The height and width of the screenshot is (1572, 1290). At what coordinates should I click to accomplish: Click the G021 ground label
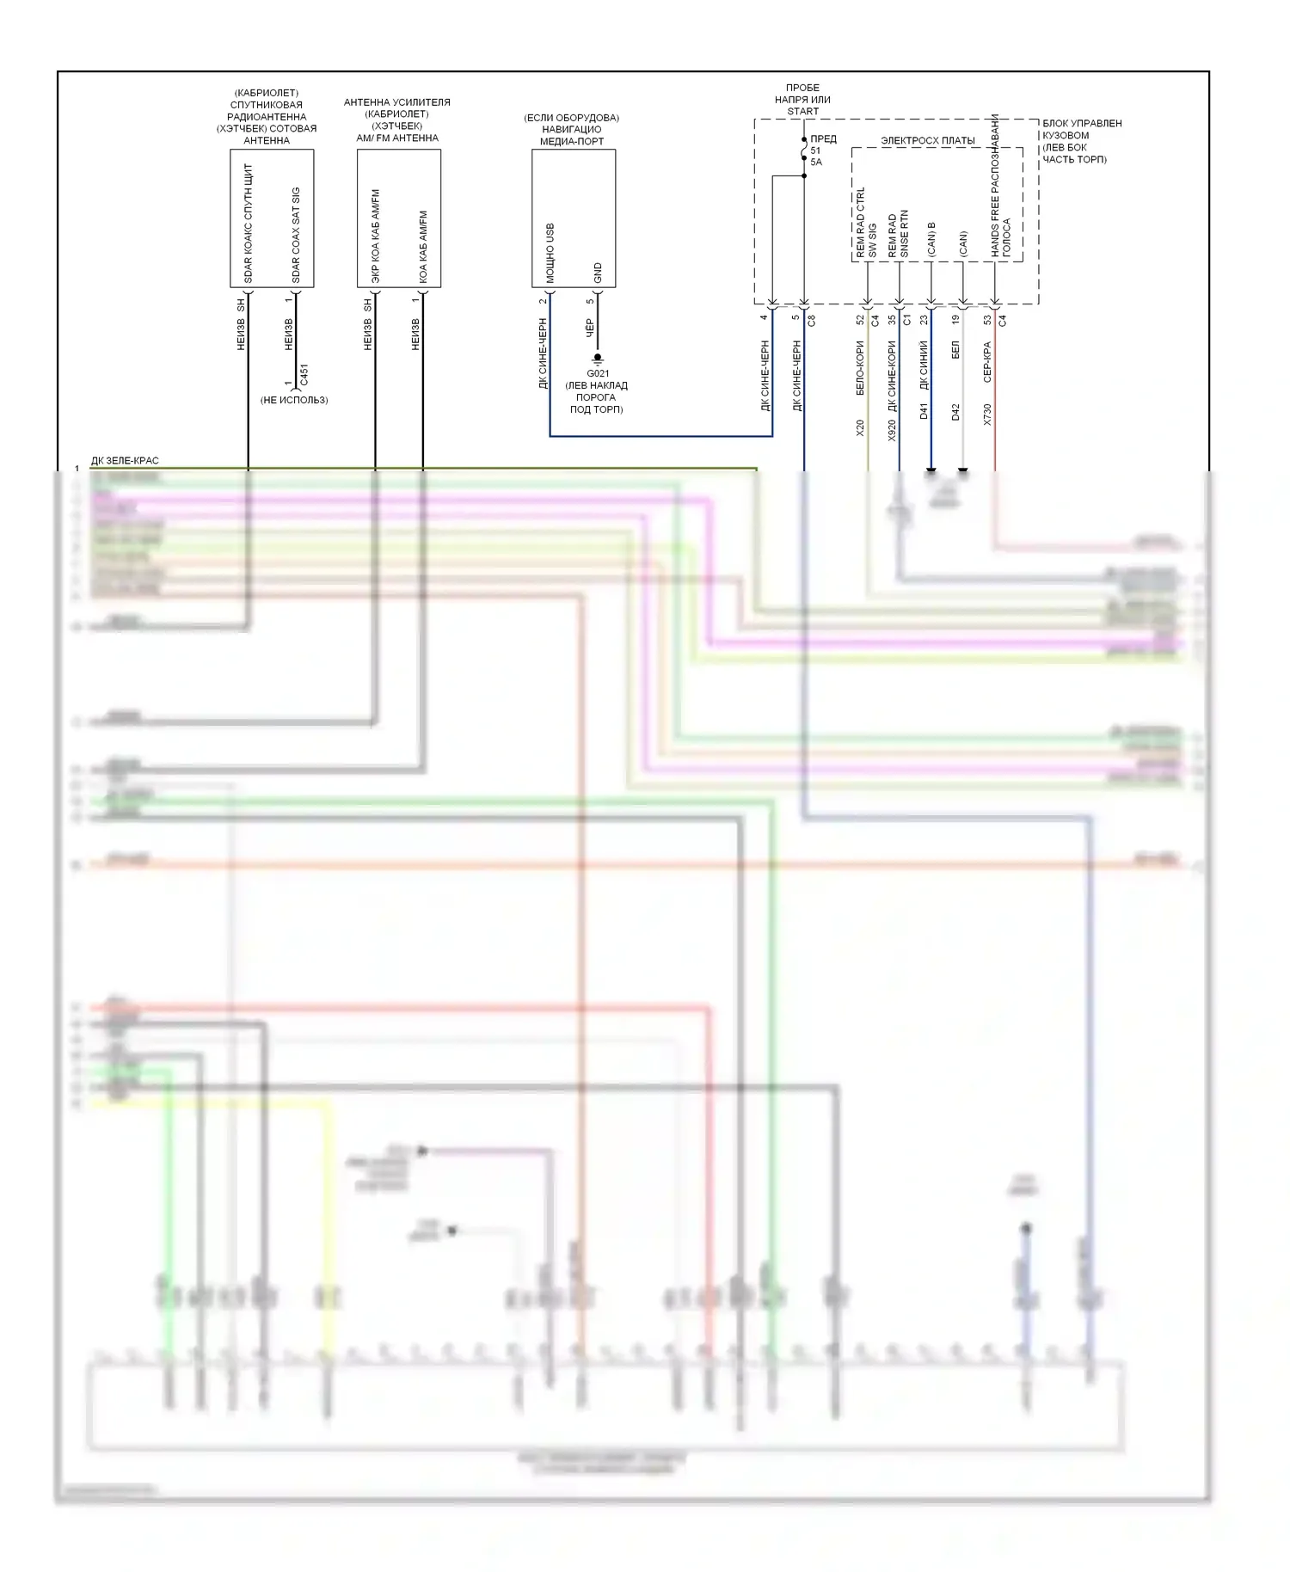point(598,373)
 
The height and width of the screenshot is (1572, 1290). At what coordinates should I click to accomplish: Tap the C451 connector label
point(304,375)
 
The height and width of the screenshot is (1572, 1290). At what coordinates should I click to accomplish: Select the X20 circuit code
point(861,427)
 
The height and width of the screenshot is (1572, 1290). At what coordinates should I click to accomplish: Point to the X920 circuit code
point(893,430)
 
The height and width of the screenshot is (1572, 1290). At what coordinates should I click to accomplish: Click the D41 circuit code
point(924,411)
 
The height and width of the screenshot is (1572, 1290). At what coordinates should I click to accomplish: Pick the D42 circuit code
point(955,411)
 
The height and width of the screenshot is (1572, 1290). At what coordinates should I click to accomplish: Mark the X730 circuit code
point(987,414)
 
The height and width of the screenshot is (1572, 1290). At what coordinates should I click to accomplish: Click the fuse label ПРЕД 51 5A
point(821,150)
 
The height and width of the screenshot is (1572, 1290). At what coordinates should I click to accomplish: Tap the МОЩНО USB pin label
point(550,254)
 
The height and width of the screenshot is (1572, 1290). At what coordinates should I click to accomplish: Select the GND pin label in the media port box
point(599,273)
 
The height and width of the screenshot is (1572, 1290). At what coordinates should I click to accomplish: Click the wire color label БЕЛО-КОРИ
point(861,368)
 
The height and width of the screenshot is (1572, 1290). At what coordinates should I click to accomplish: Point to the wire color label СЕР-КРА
point(987,362)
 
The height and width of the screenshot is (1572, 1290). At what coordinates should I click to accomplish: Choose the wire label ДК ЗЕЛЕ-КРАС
point(125,461)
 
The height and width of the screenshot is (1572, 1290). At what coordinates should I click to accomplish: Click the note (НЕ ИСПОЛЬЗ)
point(294,400)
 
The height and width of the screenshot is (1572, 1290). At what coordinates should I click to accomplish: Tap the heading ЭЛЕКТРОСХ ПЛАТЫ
point(928,140)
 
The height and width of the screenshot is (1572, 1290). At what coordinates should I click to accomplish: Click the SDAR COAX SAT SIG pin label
point(297,235)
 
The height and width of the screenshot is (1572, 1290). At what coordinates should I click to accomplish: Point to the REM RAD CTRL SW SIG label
point(867,223)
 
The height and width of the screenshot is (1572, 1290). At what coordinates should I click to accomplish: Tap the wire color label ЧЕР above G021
point(590,327)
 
